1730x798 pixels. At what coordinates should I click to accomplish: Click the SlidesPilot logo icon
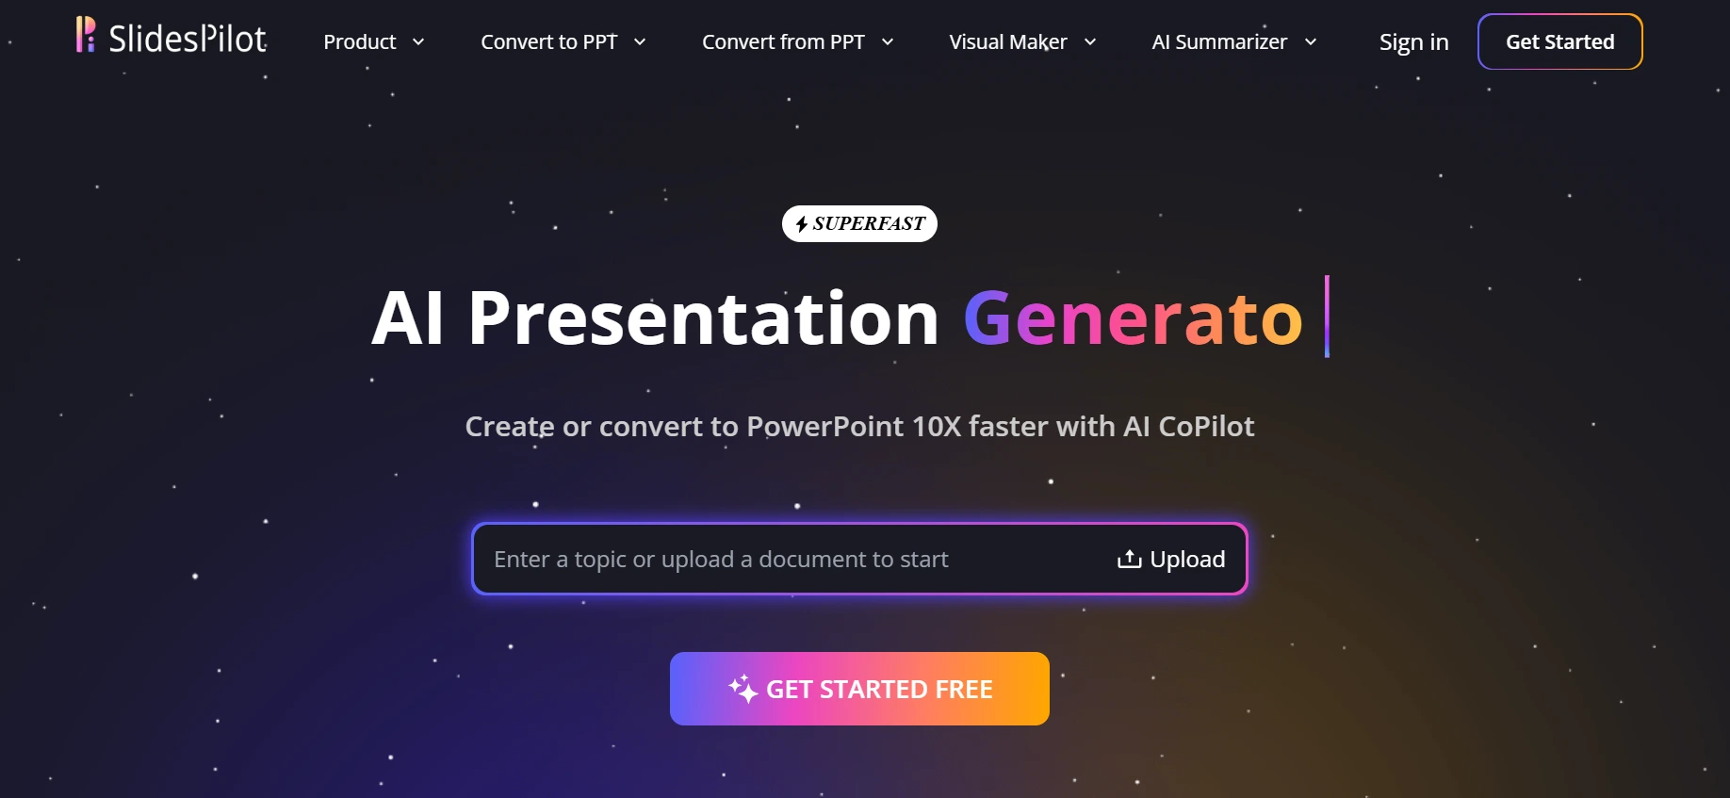(86, 35)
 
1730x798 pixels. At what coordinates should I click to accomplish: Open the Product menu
(372, 42)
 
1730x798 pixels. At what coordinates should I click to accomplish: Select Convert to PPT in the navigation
(562, 42)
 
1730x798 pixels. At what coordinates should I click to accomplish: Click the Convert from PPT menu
(796, 42)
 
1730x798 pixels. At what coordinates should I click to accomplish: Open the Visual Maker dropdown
(1021, 42)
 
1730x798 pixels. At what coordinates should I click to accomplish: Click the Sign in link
(1413, 42)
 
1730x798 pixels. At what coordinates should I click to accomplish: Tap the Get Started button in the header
(1559, 42)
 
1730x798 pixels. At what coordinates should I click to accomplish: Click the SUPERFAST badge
(859, 224)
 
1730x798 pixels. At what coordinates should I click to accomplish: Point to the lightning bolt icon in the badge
(801, 224)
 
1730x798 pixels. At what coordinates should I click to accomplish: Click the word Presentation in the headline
(703, 318)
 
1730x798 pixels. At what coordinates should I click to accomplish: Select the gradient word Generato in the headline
(1133, 318)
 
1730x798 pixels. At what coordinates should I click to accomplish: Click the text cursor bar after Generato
(1327, 317)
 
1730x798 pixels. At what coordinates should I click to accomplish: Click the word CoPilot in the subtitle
(1206, 427)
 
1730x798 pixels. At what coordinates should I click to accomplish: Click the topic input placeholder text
(721, 560)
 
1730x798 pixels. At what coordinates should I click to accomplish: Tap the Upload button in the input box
(1171, 560)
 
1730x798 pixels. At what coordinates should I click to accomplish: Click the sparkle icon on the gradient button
(743, 689)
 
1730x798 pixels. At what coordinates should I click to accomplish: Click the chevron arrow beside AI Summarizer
(1311, 42)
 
